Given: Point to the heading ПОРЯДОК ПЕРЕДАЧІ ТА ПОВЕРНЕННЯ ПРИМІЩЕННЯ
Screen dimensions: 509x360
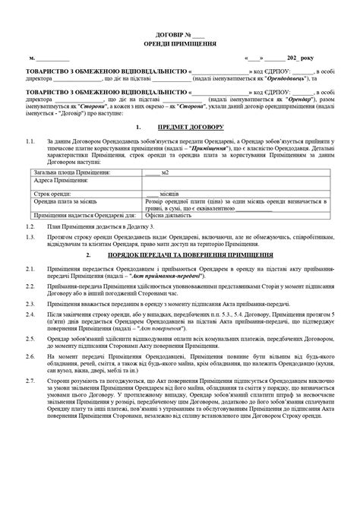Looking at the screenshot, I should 191,255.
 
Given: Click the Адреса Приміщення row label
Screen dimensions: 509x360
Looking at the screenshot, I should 61,181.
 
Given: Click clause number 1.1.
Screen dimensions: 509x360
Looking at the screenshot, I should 30,141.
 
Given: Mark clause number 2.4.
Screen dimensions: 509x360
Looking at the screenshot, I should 30,312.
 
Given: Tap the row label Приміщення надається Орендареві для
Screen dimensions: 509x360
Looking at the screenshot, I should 84,215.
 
